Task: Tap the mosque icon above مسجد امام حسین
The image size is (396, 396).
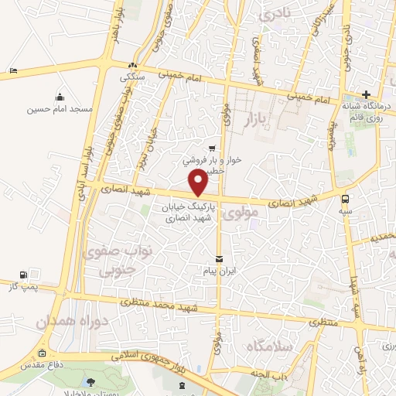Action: [60, 97]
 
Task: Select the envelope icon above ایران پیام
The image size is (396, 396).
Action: [219, 258]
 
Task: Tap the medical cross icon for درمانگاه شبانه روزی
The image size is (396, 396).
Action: [366, 94]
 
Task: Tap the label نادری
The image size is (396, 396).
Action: [278, 14]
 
